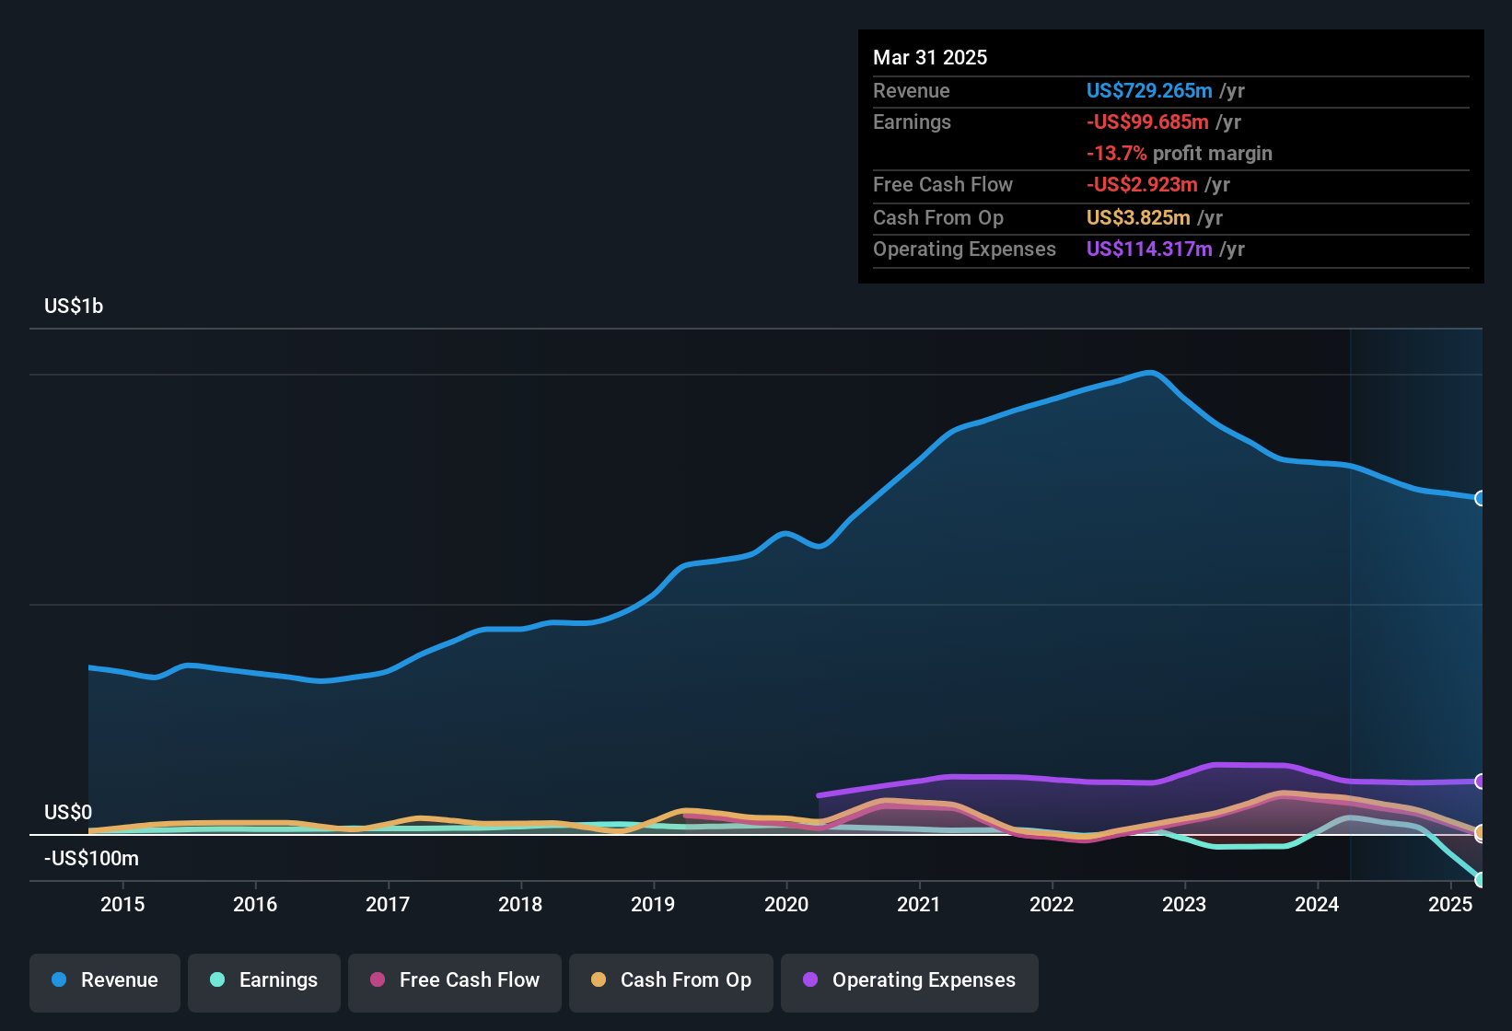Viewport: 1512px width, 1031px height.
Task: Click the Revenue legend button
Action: point(105,980)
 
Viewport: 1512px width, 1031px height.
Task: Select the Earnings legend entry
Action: point(264,980)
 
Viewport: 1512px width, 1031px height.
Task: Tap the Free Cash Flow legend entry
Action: point(455,980)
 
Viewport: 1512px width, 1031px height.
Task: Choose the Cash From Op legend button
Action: point(671,980)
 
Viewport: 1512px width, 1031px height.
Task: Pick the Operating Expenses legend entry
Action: point(910,980)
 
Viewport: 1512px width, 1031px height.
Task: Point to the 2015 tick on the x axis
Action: point(122,904)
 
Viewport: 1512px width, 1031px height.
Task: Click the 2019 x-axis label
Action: point(653,904)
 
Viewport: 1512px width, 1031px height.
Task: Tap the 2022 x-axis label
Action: point(1052,904)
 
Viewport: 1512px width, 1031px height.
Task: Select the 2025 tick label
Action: point(1450,904)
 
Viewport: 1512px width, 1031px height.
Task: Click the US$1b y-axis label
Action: point(74,306)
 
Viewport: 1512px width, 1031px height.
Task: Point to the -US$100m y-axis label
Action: point(91,858)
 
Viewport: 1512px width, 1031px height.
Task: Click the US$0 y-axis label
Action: point(68,812)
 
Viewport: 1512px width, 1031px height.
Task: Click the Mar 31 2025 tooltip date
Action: point(930,57)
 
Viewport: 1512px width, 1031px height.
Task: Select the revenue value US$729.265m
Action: point(1149,90)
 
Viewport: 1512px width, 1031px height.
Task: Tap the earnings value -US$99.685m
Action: point(1147,122)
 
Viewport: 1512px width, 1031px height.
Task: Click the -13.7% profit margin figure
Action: point(1117,153)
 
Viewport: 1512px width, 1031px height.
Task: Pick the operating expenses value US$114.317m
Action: point(1149,249)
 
